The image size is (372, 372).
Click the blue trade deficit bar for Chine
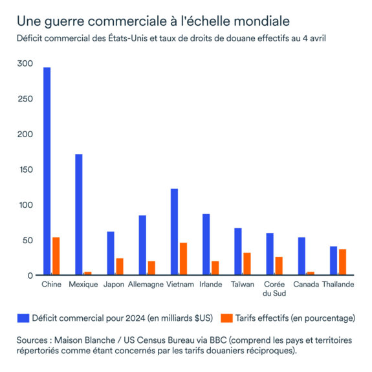click(47, 171)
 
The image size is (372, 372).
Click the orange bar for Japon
click(120, 267)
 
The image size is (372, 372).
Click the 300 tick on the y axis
click(25, 64)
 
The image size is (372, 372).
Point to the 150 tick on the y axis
click(25, 170)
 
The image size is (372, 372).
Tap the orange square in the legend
click(226, 318)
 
